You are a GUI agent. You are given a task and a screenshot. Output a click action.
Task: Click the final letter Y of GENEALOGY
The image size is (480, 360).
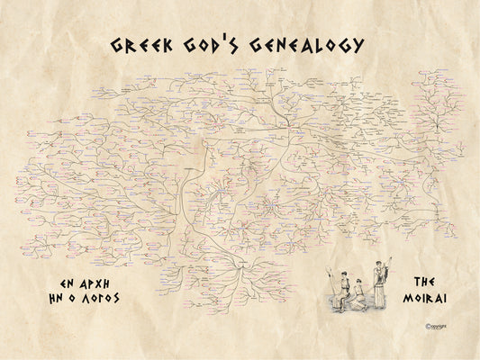point(358,46)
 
